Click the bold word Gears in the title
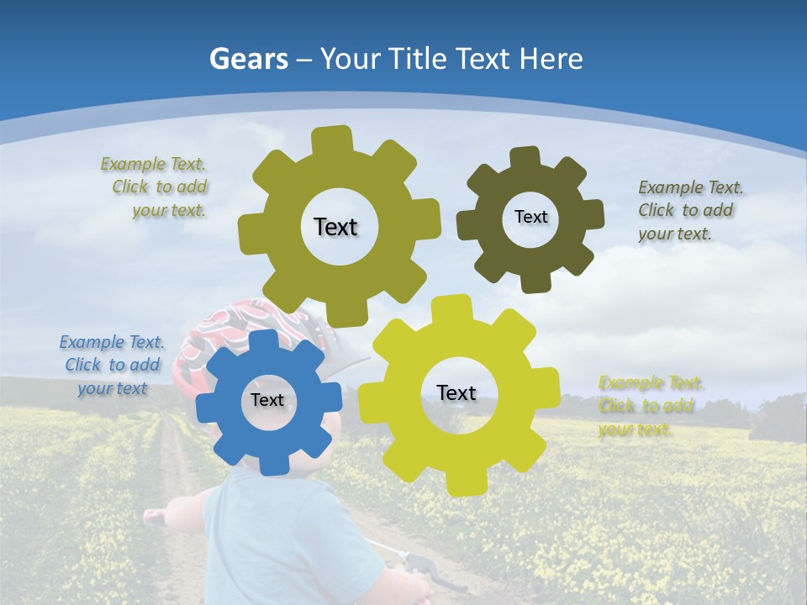click(x=249, y=59)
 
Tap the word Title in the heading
click(x=418, y=59)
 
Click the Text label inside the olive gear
click(x=335, y=227)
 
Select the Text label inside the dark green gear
click(x=530, y=217)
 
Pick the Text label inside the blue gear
click(x=267, y=400)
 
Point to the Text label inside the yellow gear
click(x=456, y=392)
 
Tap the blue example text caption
click(x=112, y=365)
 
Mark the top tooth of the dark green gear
click(x=525, y=157)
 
